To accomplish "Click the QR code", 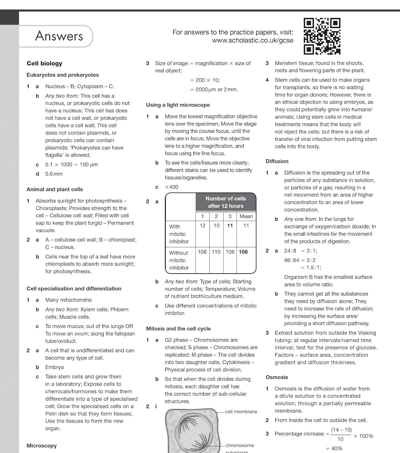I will point(322,36).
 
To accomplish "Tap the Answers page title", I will point(59,36).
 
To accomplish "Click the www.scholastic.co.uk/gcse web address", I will point(253,40).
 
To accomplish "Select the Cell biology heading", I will point(44,63).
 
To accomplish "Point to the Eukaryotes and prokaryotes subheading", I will point(63,75).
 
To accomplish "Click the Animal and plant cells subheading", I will point(55,189).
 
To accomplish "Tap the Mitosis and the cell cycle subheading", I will point(178,329).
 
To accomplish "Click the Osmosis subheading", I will point(277,377).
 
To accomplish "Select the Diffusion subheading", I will point(277,161).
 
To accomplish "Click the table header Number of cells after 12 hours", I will point(226,202).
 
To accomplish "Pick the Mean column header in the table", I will point(246,216).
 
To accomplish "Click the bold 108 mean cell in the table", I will point(243,252).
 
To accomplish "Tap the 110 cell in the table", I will point(216,252).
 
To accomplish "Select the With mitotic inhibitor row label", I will point(179,234).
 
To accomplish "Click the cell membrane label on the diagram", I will point(241,412).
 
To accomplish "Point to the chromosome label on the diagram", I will point(240,445).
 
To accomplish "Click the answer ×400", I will point(172,187).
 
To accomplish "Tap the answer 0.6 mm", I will point(54,174).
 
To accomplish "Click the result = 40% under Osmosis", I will point(334,448).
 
